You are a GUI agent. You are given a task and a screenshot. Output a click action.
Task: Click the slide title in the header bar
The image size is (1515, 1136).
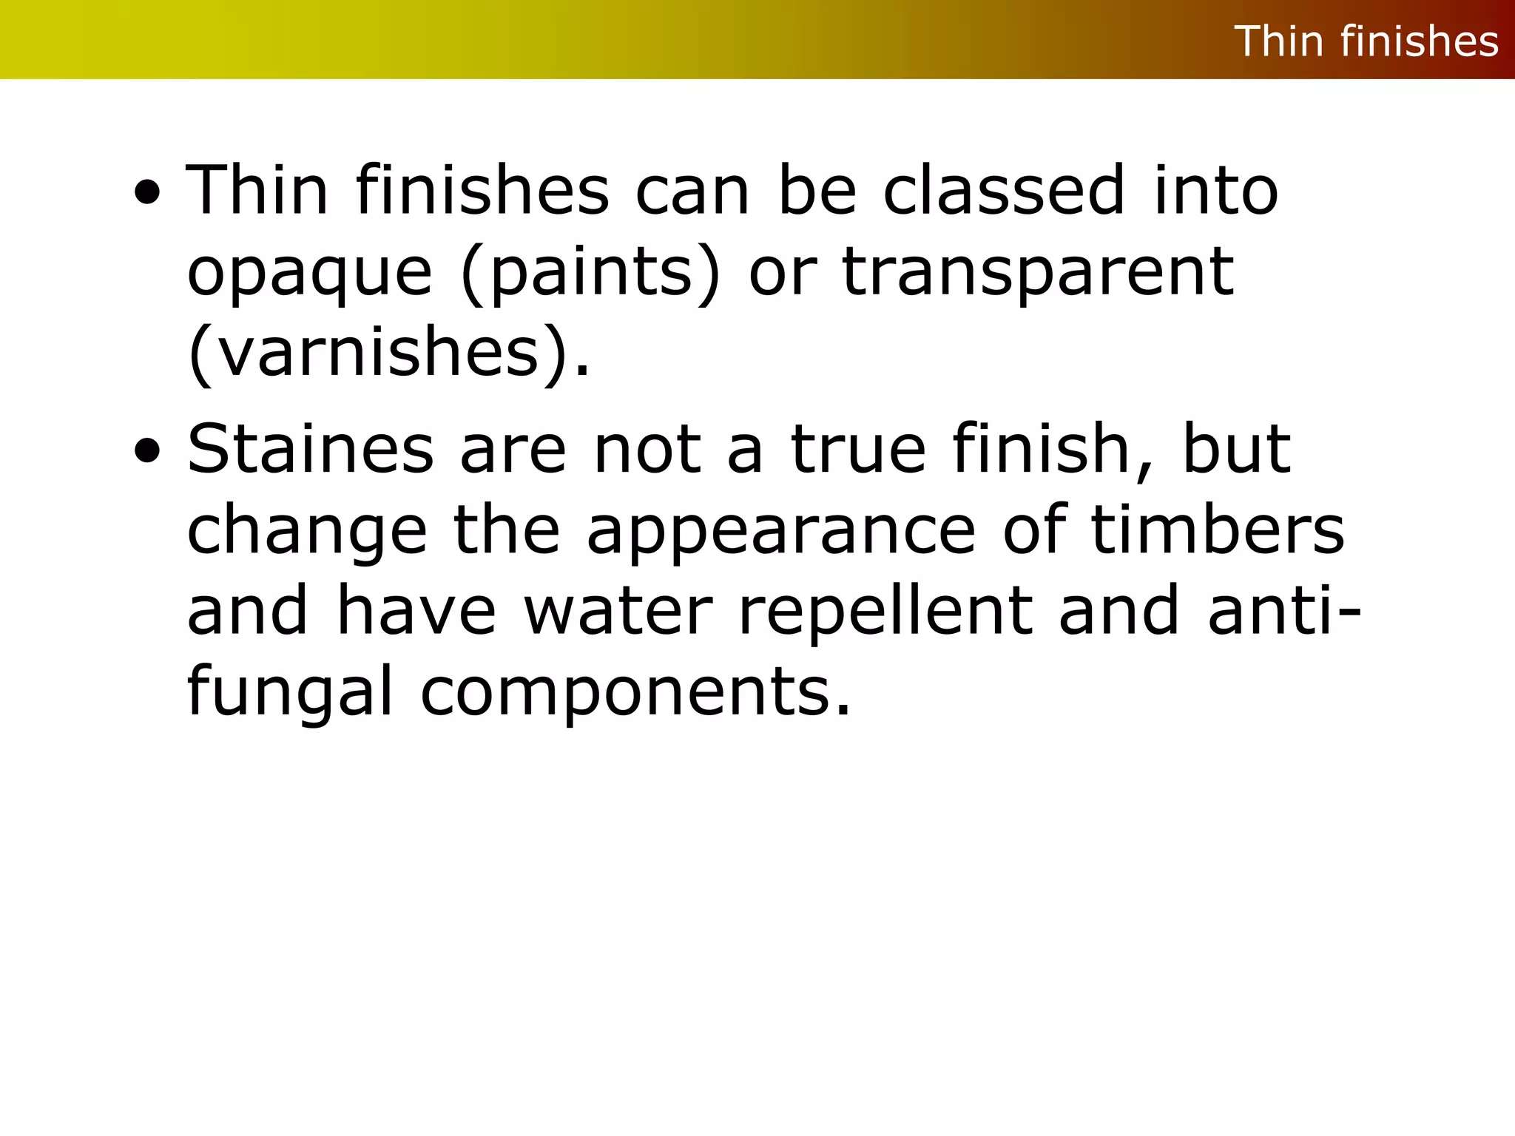coord(1366,41)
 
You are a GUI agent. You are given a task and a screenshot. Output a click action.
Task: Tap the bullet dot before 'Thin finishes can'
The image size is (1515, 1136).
coord(147,193)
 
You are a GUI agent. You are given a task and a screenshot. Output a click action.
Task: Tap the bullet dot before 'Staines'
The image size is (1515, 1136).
coord(147,451)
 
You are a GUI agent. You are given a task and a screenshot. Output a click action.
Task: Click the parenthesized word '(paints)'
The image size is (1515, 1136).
coord(590,274)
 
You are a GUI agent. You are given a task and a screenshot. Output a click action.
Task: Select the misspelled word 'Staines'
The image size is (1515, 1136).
coord(310,449)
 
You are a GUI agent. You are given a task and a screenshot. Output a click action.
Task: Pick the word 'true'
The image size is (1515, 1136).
coord(858,449)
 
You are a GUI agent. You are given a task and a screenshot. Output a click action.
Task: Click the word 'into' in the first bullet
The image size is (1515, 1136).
coord(1216,190)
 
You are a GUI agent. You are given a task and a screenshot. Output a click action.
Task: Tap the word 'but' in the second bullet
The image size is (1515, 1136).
coord(1236,449)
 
